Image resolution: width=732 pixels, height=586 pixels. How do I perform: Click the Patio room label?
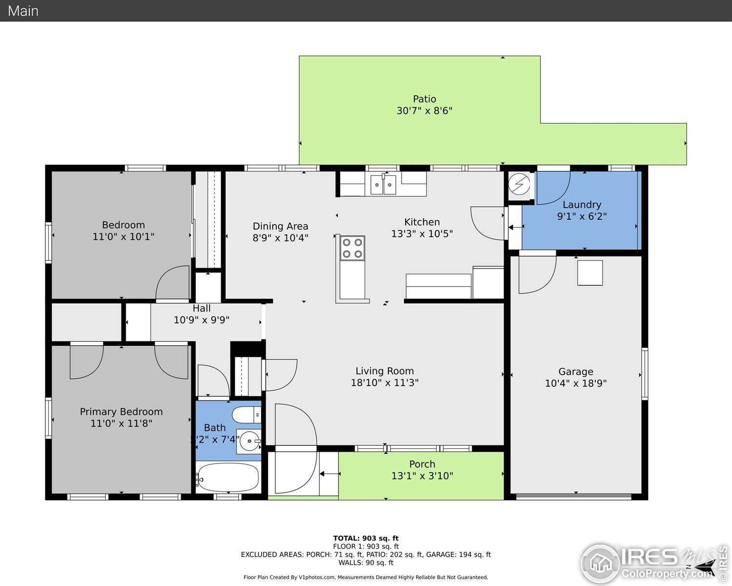pos(424,99)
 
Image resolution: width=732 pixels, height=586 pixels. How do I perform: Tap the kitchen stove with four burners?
pos(352,248)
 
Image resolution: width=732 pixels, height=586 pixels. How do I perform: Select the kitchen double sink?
pos(383,185)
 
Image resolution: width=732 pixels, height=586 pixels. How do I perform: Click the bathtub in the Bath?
pos(228,478)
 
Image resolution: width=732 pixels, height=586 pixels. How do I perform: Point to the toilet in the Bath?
pos(247,415)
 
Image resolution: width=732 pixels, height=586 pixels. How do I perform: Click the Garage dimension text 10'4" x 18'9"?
pos(575,383)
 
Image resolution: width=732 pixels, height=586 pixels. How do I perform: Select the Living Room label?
pos(384,371)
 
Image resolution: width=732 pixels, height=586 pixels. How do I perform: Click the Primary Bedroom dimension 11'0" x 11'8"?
pos(121,423)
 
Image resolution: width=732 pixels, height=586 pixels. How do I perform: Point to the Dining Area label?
pos(280,226)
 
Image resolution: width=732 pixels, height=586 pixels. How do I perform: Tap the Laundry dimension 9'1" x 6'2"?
pos(582,216)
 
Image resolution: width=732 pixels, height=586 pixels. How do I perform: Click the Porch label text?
pos(422,464)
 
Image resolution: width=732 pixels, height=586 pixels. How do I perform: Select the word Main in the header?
pos(23,11)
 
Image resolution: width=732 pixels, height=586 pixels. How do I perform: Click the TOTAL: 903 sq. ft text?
pos(366,538)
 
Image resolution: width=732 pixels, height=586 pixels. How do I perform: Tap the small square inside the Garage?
pos(590,272)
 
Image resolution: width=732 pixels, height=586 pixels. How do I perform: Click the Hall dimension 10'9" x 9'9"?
pos(202,320)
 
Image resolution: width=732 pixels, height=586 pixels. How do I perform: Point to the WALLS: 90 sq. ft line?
pos(366,563)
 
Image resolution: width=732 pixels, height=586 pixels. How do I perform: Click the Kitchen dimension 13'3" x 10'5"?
pos(422,234)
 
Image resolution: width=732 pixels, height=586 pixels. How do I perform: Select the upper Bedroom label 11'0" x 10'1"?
pos(123,230)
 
